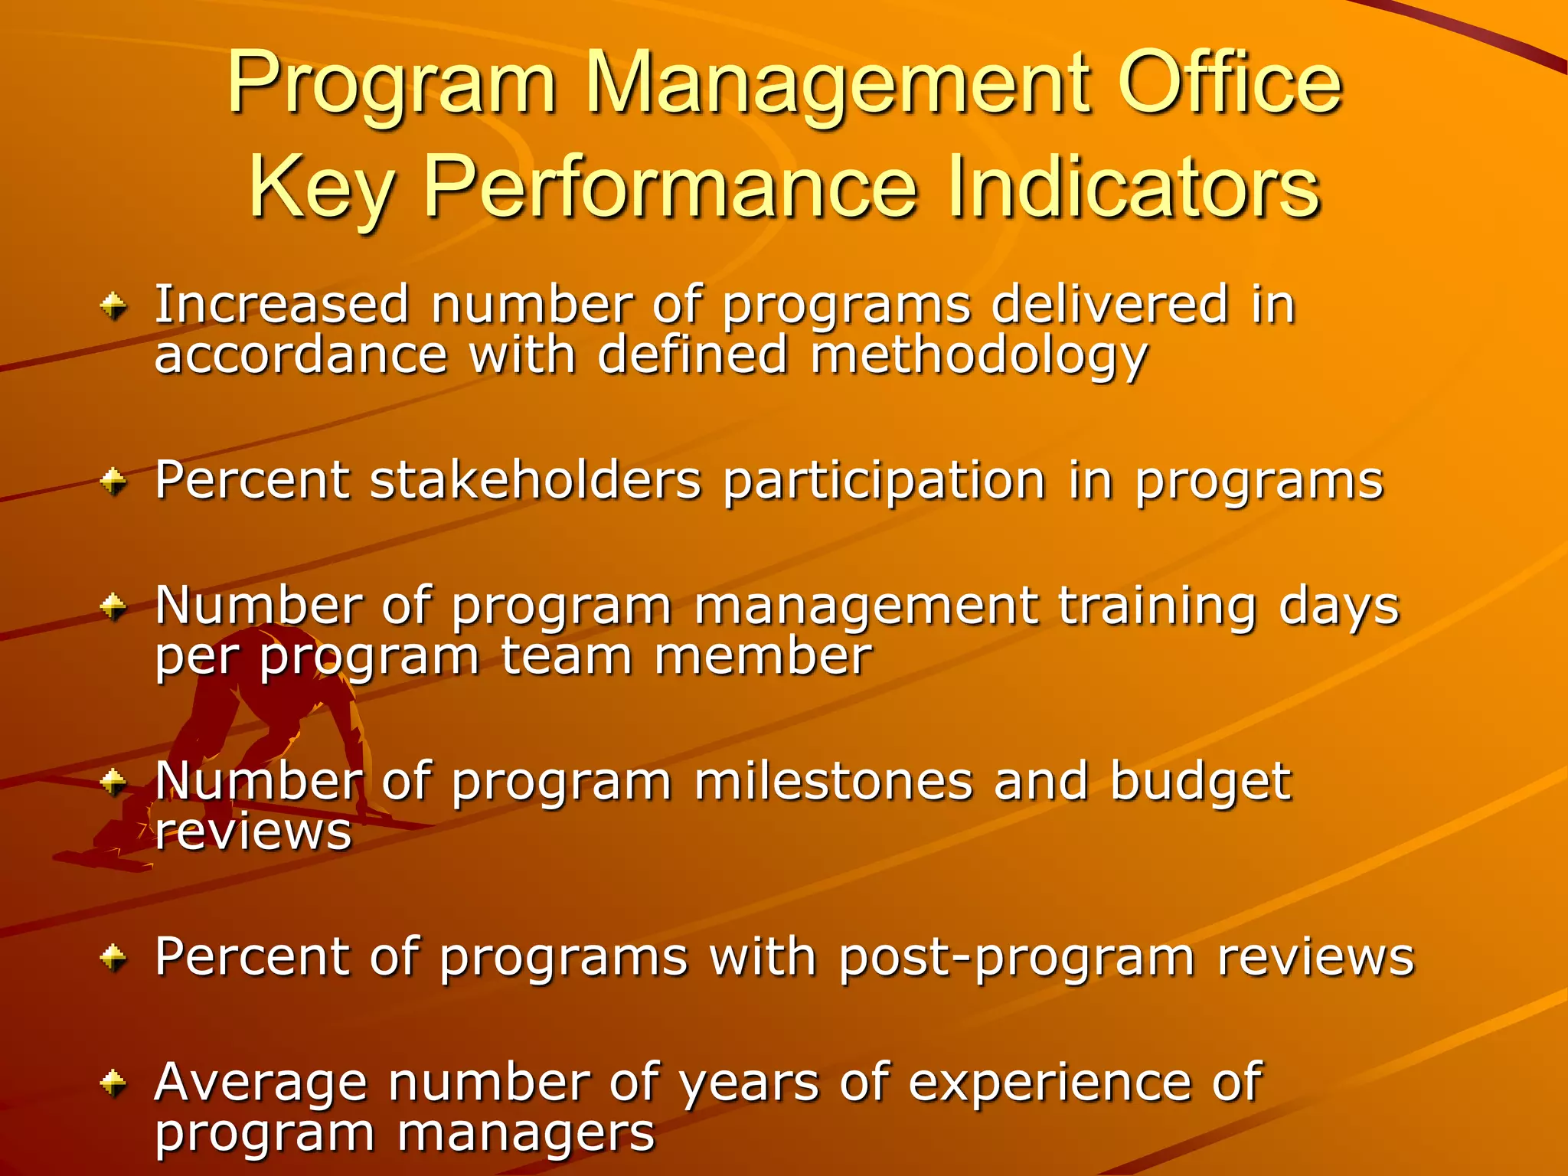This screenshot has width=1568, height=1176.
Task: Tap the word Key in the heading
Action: click(x=322, y=188)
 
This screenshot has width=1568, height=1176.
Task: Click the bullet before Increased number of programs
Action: click(x=113, y=308)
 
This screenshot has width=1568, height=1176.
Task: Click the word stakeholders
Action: click(x=535, y=481)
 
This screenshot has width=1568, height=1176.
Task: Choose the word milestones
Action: click(x=833, y=782)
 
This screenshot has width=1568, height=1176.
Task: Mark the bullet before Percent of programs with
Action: click(x=113, y=957)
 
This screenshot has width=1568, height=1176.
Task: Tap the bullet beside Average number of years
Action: click(x=113, y=1083)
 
